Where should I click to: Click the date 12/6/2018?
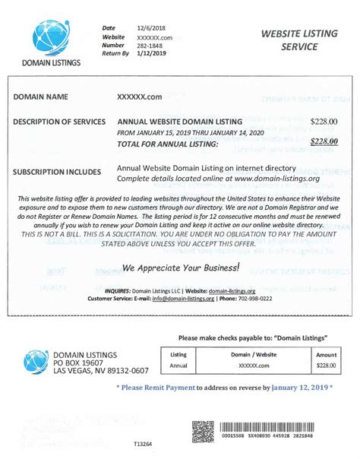(152, 28)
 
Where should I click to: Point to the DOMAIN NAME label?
(41, 97)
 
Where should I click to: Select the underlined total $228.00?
(324, 141)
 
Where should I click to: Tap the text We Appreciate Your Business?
(182, 267)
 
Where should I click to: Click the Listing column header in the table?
(178, 354)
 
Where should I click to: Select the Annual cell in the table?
(178, 366)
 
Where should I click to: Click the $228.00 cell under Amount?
(326, 366)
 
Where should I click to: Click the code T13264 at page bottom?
(143, 443)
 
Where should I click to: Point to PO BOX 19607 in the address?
(83, 362)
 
